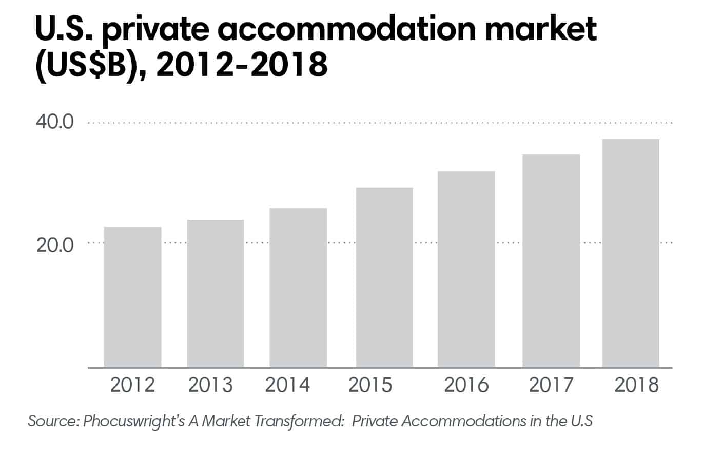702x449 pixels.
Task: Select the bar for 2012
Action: click(132, 297)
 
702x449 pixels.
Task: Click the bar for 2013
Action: click(215, 294)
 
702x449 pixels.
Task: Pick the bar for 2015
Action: click(384, 277)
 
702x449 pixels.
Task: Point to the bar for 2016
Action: click(466, 269)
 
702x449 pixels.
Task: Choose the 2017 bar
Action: click(551, 261)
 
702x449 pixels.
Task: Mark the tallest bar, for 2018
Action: click(631, 253)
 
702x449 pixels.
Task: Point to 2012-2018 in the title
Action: click(241, 66)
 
